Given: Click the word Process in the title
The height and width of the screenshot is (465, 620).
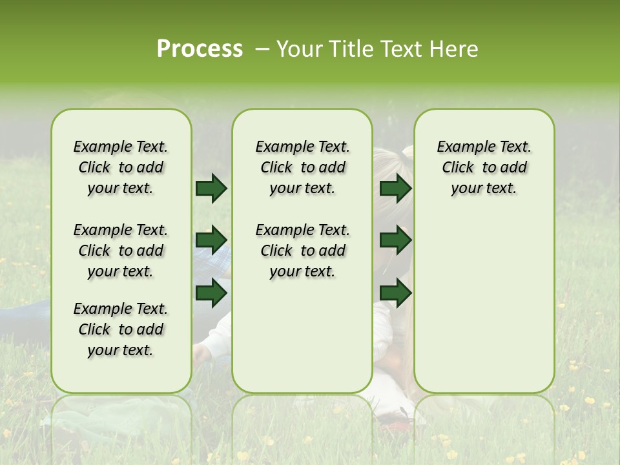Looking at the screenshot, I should point(200,49).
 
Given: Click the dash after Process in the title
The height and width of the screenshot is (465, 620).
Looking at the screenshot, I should point(262,50).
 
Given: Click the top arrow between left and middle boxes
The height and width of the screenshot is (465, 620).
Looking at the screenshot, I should point(211,188).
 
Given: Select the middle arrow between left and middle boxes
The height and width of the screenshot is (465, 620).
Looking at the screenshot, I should point(211,240).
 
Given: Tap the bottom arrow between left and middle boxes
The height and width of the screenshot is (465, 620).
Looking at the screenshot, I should point(211,293).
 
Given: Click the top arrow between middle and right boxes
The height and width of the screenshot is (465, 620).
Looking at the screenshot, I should point(395,188).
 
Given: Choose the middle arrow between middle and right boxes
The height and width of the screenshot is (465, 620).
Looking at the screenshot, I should point(395,240).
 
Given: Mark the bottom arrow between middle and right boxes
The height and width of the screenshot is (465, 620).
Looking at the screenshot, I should point(395,293).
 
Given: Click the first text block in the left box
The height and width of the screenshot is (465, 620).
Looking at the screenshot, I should point(121,167).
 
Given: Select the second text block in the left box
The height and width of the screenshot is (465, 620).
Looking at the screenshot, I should point(121,251).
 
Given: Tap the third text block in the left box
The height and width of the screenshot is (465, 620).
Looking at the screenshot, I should point(121,329).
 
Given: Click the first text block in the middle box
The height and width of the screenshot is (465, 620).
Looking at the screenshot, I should point(302,167).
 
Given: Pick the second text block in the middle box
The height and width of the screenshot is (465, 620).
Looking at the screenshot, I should point(302,251).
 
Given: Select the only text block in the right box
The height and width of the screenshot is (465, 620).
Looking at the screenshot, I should point(484,167).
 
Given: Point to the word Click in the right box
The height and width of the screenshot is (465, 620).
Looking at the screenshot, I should point(458,168).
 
